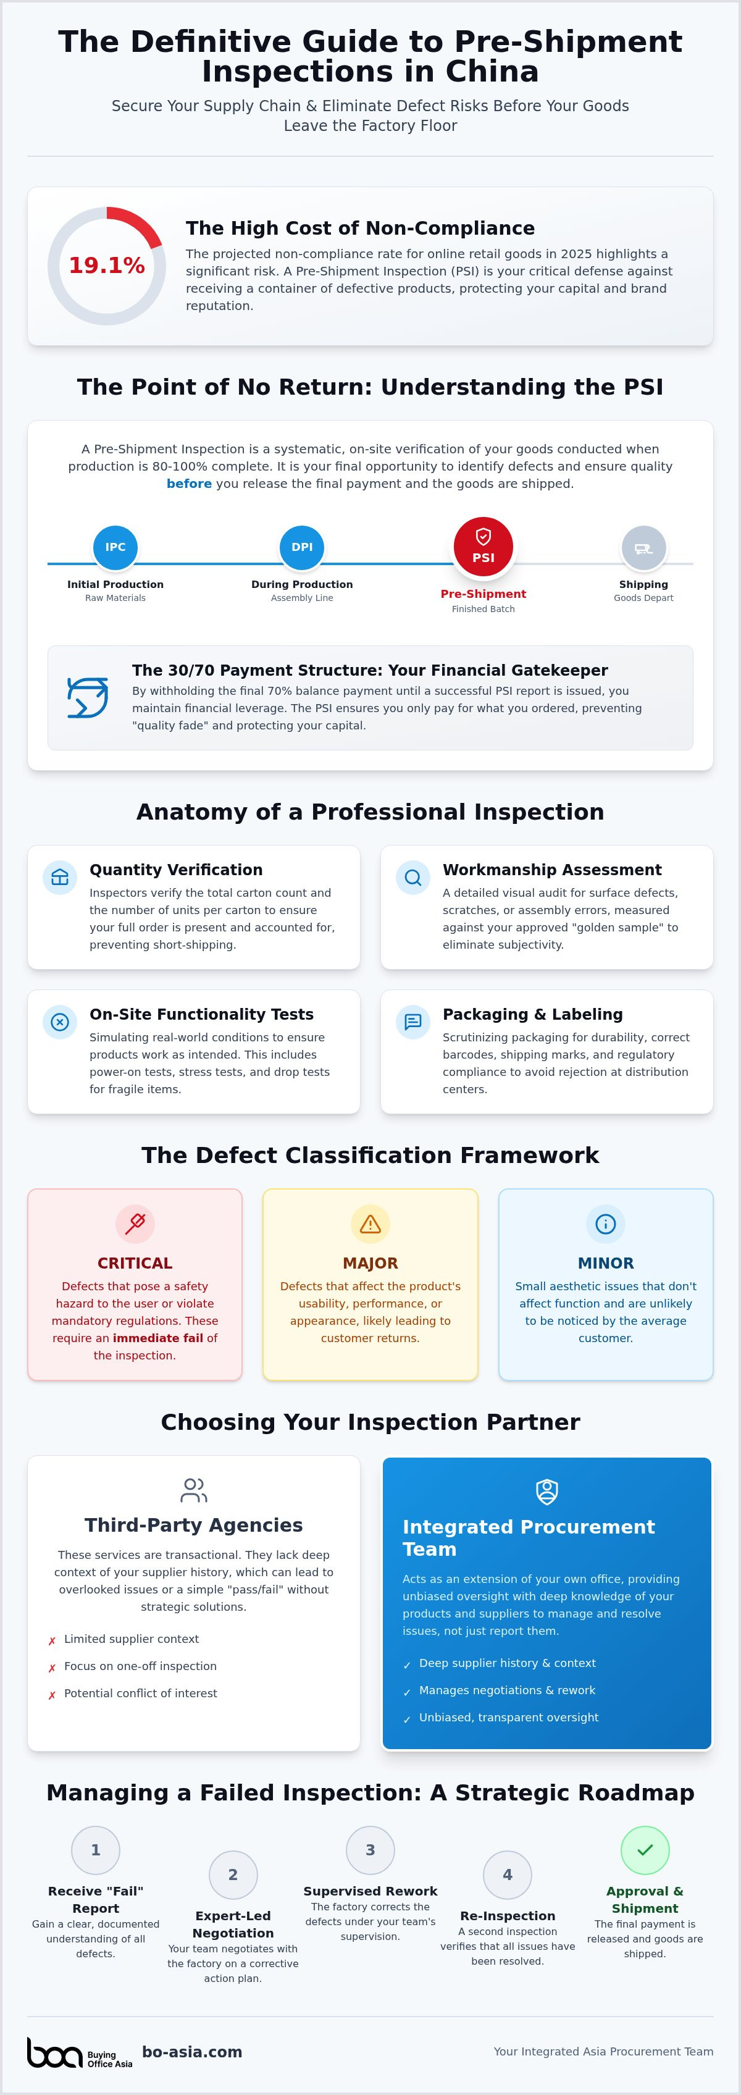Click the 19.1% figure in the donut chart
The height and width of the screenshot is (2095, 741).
click(x=107, y=265)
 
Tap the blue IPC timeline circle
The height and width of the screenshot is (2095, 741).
click(x=115, y=547)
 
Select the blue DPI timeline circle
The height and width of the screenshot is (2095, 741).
click(x=302, y=547)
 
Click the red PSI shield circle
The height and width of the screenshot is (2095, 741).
click(x=483, y=547)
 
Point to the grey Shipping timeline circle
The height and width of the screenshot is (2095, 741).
click(x=643, y=547)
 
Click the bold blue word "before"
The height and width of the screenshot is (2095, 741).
click(x=189, y=484)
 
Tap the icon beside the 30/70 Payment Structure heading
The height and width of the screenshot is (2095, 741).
click(x=87, y=697)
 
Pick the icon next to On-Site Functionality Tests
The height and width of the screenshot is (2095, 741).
click(x=59, y=1022)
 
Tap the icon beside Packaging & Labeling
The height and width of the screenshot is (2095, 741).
click(x=412, y=1022)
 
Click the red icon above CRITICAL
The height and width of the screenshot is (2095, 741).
click(x=135, y=1223)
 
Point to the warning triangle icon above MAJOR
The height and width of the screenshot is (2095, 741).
click(x=370, y=1223)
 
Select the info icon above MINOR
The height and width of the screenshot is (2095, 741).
click(x=605, y=1223)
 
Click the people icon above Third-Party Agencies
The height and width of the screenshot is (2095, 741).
click(x=194, y=1490)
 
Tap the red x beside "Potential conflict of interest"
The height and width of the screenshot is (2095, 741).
click(x=52, y=1695)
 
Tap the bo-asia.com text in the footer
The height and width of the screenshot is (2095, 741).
click(x=192, y=2052)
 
